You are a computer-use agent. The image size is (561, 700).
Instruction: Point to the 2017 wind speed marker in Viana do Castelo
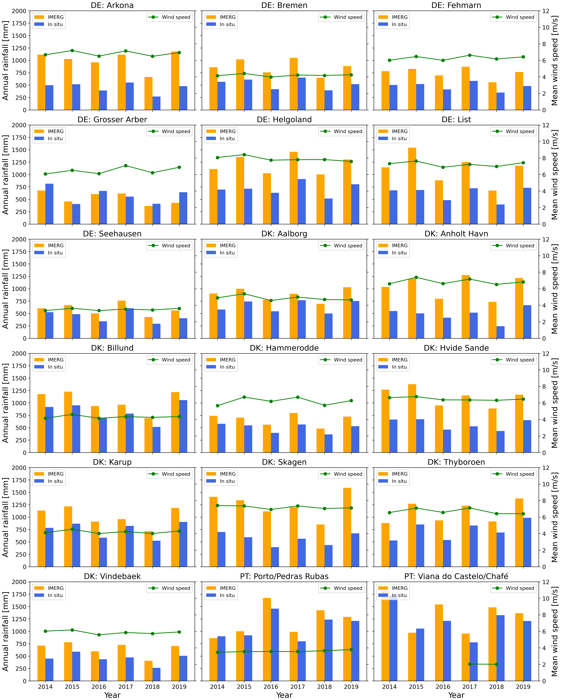(469, 664)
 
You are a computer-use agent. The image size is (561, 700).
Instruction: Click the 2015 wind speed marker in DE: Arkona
(72, 51)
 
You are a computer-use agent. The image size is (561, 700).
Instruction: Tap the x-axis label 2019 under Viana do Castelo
(523, 687)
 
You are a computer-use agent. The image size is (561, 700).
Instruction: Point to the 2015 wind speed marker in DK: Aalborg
(244, 294)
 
